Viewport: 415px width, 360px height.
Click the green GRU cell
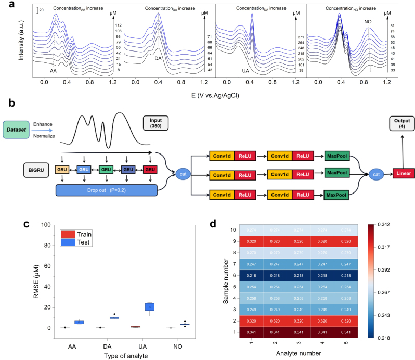[x=106, y=170]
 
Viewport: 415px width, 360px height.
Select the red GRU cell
[x=150, y=170]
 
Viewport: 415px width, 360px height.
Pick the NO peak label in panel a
[x=367, y=22]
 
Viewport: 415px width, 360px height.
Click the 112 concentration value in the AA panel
[x=118, y=25]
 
